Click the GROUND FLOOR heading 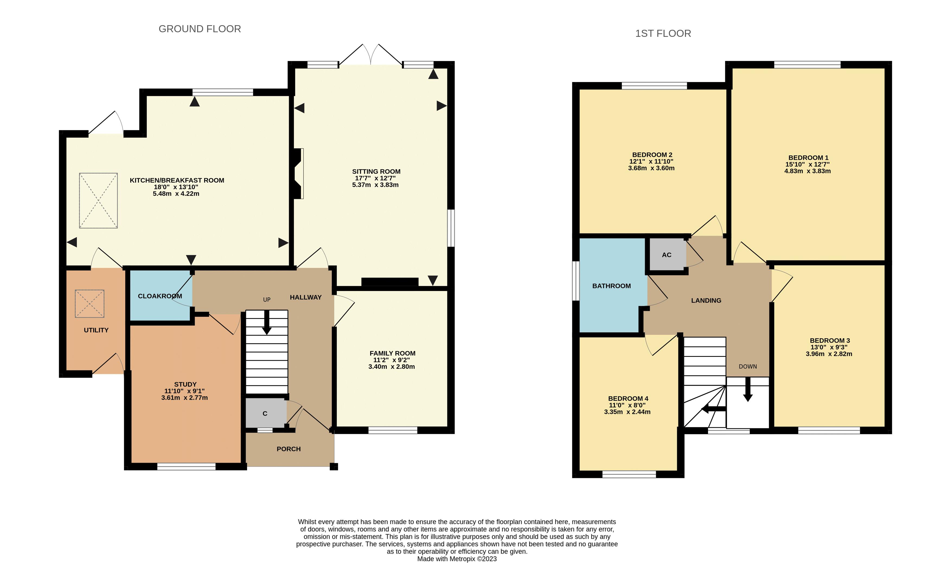click(x=200, y=29)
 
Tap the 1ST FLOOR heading click(x=663, y=33)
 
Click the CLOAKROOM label click(x=160, y=296)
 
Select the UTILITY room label click(x=96, y=330)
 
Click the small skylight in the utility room click(x=89, y=303)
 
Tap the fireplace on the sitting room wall click(x=298, y=173)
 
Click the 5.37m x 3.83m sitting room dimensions click(x=375, y=185)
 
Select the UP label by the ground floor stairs click(x=267, y=300)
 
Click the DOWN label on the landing click(x=748, y=367)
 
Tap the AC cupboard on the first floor click(x=667, y=255)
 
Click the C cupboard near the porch click(x=265, y=413)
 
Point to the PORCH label click(x=289, y=449)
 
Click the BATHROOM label click(x=611, y=286)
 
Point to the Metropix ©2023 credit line click(x=457, y=558)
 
